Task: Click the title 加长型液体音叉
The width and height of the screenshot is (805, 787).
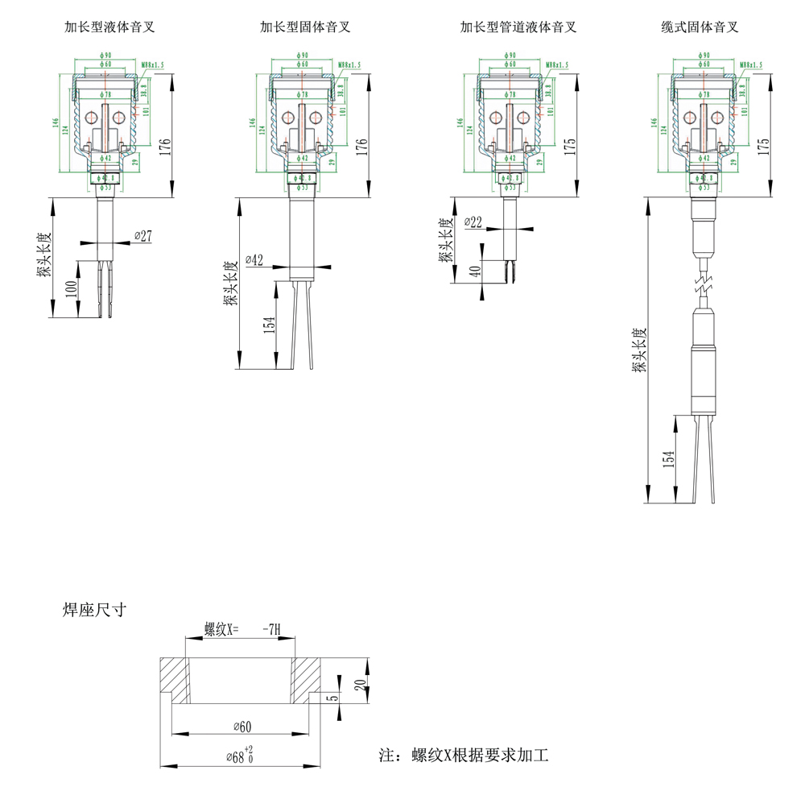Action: pos(109,27)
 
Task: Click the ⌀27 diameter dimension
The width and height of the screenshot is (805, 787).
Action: pos(142,236)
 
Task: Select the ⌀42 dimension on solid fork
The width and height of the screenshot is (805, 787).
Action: pos(254,260)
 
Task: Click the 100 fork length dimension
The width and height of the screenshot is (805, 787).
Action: pos(71,289)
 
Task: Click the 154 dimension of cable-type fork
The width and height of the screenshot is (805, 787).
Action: pos(668,458)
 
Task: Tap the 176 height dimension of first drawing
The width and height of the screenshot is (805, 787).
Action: pos(166,147)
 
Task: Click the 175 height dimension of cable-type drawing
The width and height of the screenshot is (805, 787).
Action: pos(764,147)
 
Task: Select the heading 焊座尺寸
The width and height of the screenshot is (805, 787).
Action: pos(94,610)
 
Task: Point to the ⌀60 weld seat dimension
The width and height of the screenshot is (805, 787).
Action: pos(242,727)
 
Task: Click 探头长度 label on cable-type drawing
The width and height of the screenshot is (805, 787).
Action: pos(639,350)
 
